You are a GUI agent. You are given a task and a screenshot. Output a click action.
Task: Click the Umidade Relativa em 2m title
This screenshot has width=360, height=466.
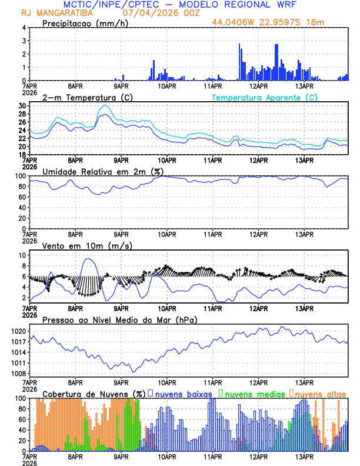(97, 171)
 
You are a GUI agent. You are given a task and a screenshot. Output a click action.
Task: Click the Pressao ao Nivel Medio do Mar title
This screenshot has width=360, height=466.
(119, 319)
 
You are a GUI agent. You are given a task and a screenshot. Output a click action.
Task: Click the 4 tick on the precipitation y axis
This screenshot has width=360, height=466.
(23, 28)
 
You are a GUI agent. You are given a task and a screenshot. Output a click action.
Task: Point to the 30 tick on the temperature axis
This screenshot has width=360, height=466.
(22, 106)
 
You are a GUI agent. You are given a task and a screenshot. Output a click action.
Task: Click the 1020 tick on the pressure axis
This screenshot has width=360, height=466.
(18, 331)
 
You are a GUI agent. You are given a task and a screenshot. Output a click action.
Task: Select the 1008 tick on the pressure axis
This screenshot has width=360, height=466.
(18, 374)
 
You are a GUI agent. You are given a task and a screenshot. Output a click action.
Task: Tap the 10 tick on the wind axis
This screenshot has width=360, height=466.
(22, 255)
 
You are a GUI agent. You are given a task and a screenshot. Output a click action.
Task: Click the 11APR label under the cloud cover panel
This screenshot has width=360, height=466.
(213, 456)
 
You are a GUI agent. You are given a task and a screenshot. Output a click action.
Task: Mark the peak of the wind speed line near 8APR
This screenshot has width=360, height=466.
(88, 259)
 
